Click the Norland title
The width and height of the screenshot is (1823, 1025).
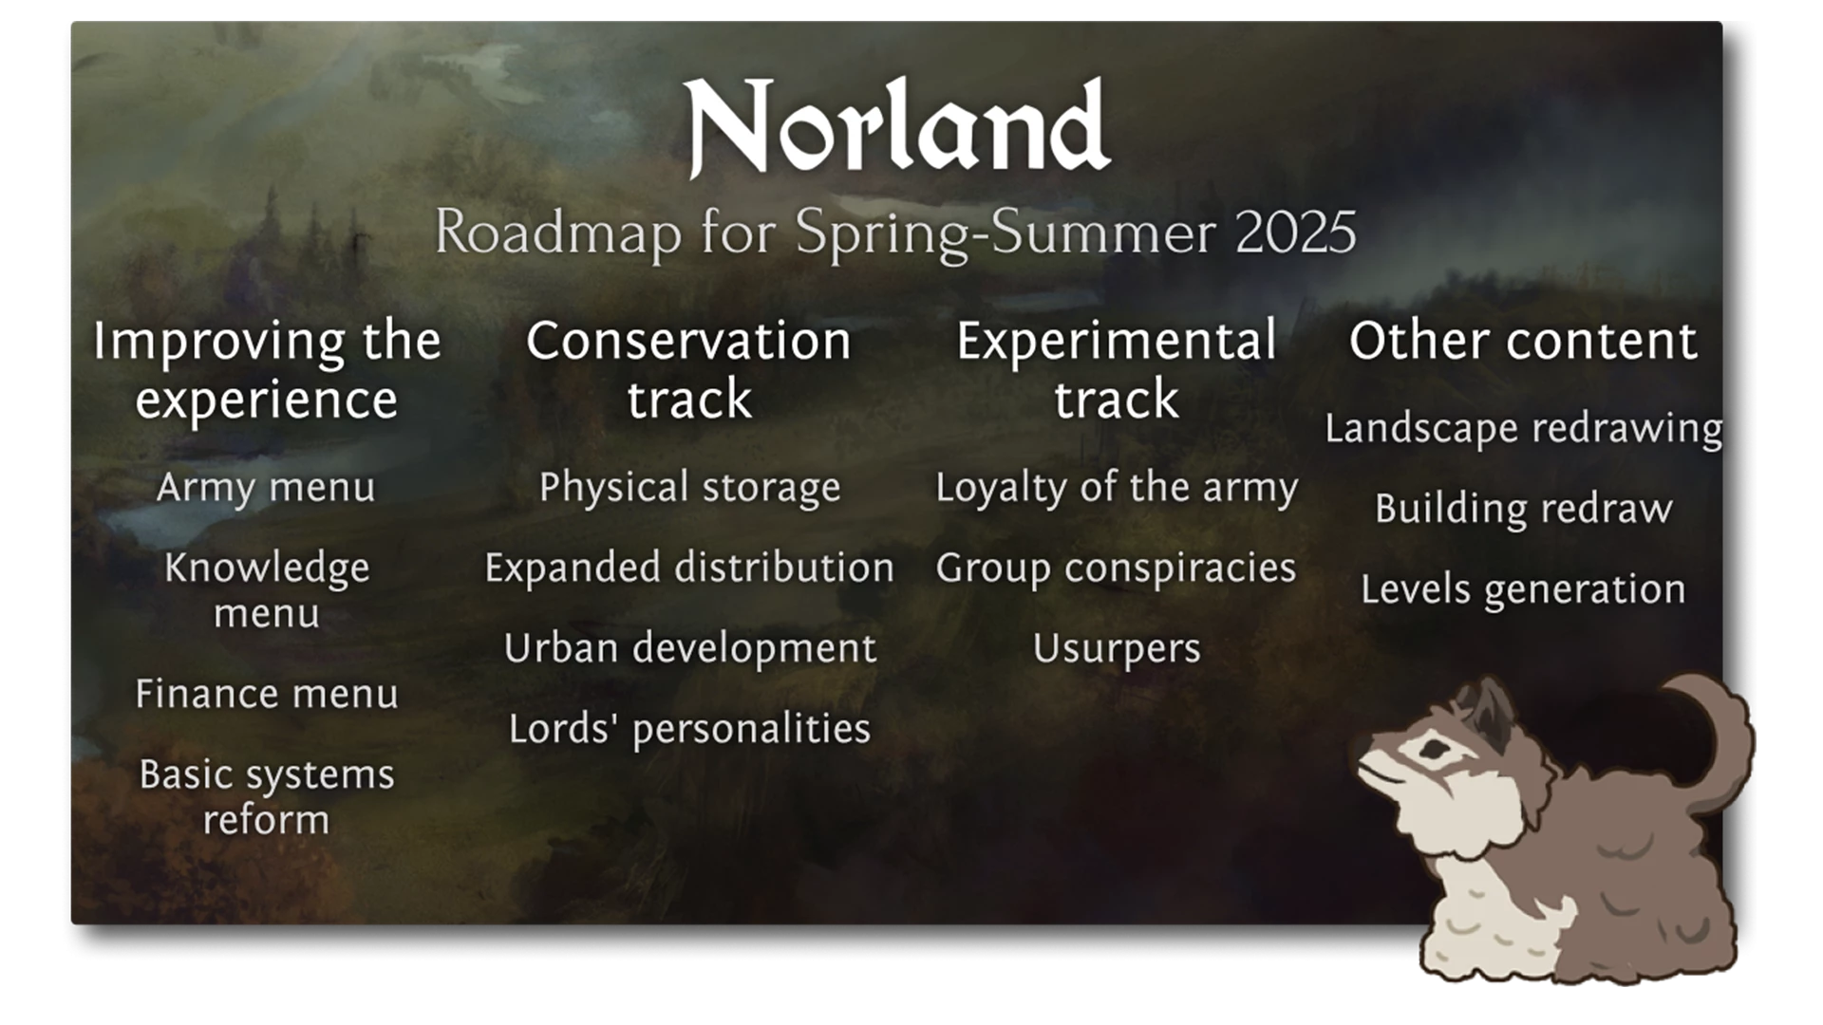click(x=896, y=127)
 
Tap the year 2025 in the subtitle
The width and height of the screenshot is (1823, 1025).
click(x=1296, y=232)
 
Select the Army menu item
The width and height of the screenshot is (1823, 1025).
click(x=266, y=488)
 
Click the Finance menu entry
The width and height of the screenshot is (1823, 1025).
click(x=267, y=694)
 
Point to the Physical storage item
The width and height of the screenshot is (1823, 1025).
click(x=690, y=488)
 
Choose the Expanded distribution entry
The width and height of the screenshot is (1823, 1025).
click(x=689, y=568)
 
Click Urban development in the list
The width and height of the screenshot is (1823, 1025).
click(x=690, y=649)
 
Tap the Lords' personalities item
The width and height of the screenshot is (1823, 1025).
click(x=689, y=729)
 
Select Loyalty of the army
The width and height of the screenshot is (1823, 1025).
click(x=1117, y=488)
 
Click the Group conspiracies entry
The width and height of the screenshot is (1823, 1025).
click(x=1117, y=568)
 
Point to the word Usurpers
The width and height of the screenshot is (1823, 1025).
click(x=1117, y=649)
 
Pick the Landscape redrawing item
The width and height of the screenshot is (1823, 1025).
click(x=1524, y=429)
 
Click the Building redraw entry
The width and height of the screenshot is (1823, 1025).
click(x=1524, y=509)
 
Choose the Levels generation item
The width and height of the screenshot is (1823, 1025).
click(x=1524, y=590)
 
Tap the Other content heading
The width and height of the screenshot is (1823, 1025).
click(x=1524, y=341)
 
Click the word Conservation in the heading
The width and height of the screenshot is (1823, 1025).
click(x=689, y=341)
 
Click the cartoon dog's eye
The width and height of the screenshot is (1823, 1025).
click(x=1435, y=752)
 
